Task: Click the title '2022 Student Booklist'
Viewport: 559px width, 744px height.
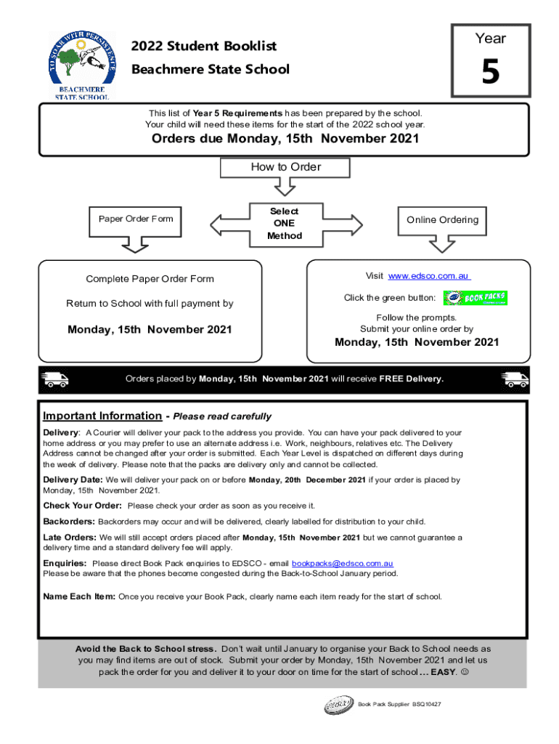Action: [204, 46]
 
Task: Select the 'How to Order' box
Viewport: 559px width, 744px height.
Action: [285, 167]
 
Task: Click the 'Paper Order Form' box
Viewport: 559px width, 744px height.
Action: [131, 219]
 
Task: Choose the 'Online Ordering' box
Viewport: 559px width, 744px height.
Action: [442, 220]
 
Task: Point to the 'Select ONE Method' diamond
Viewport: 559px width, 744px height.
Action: [285, 224]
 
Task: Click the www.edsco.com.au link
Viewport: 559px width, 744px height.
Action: [429, 276]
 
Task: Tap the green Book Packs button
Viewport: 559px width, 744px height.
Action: [476, 298]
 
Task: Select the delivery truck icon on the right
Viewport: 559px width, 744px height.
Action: [515, 379]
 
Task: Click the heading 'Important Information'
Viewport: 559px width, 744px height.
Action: [102, 416]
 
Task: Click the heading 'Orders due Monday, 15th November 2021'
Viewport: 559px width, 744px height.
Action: [285, 139]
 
